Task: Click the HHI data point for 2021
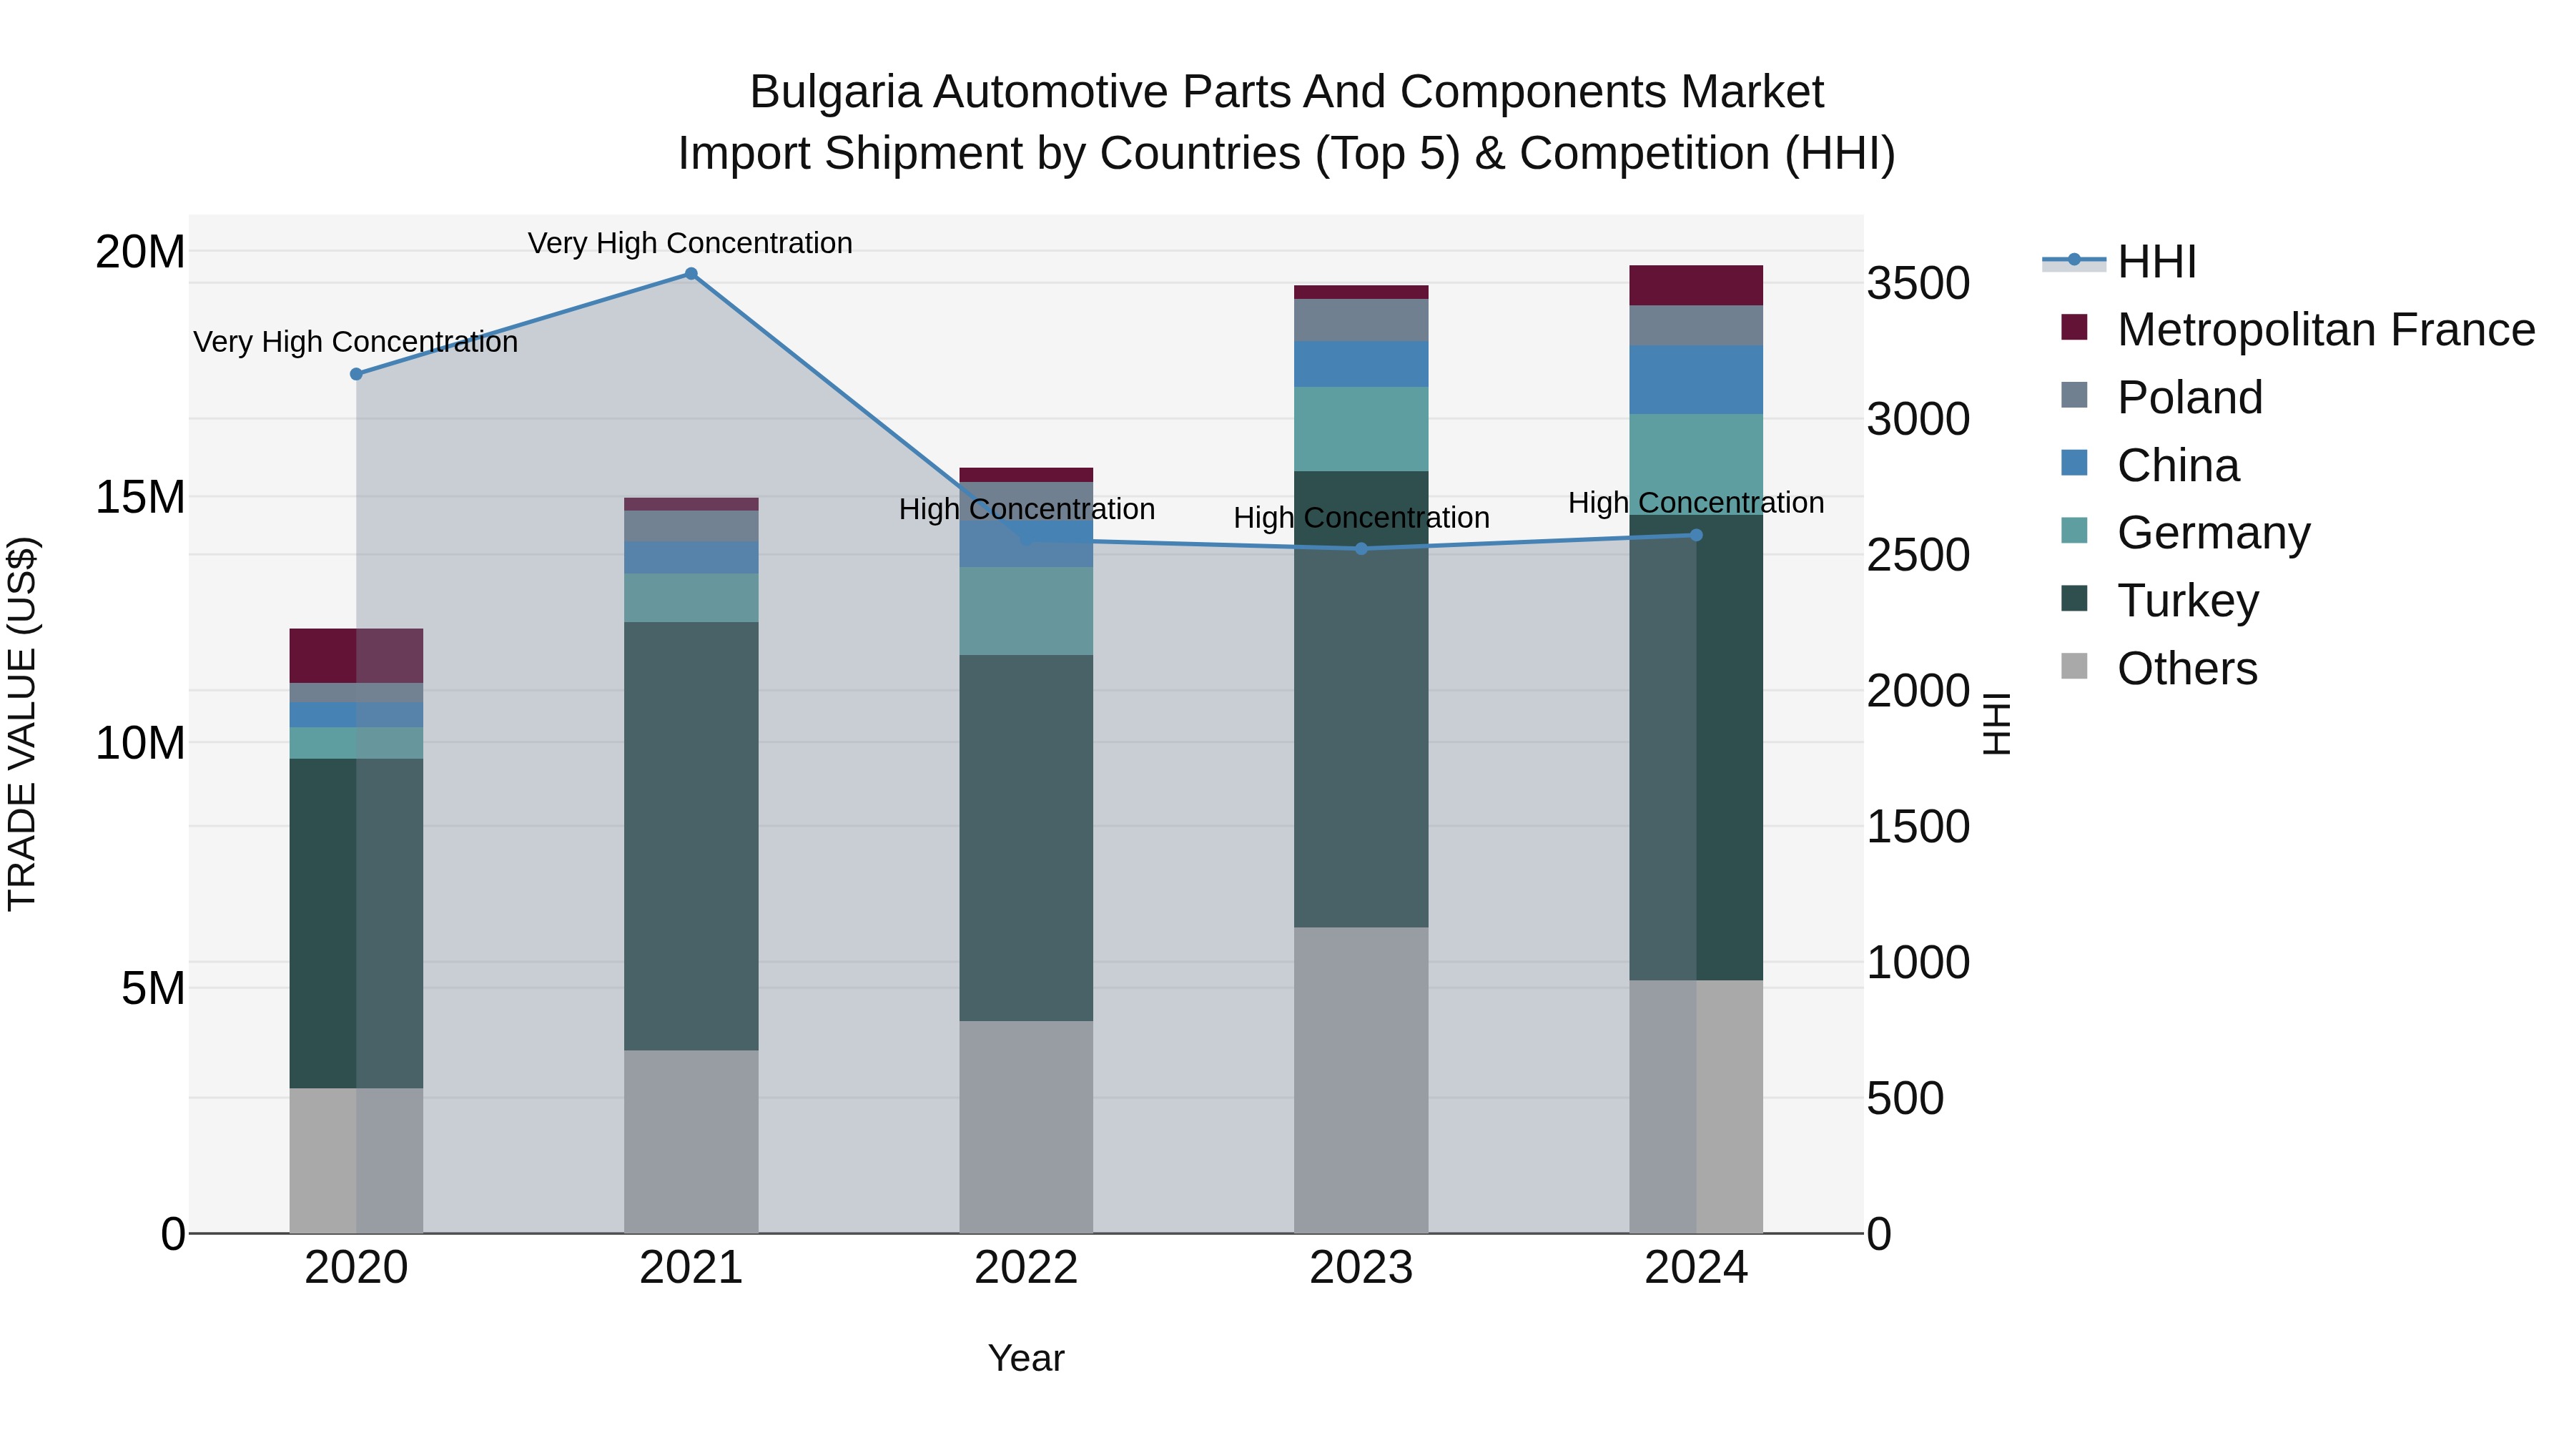pyautogui.click(x=691, y=274)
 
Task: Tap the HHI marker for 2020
pyautogui.click(x=356, y=374)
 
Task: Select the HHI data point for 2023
pyautogui.click(x=1361, y=548)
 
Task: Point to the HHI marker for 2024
pyautogui.click(x=1696, y=535)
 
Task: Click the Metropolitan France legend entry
pyautogui.click(x=2325, y=330)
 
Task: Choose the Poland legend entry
pyautogui.click(x=2189, y=398)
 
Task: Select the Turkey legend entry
pyautogui.click(x=2187, y=601)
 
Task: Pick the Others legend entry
pyautogui.click(x=2186, y=669)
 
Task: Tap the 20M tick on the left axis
pyautogui.click(x=140, y=252)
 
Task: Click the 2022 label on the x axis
pyautogui.click(x=1025, y=1268)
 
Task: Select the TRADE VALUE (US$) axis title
pyautogui.click(x=23, y=724)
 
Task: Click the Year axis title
pyautogui.click(x=1025, y=1358)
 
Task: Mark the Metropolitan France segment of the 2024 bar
pyautogui.click(x=1696, y=286)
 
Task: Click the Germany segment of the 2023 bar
pyautogui.click(x=1361, y=429)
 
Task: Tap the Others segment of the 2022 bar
pyautogui.click(x=1025, y=1126)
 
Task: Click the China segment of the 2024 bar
pyautogui.click(x=1696, y=380)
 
